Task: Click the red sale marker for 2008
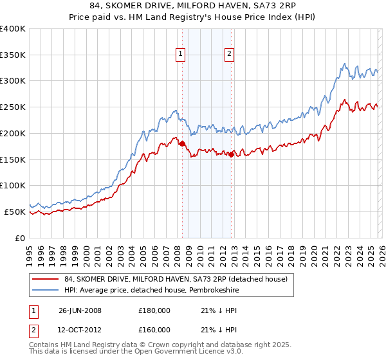182,143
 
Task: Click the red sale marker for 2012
231,154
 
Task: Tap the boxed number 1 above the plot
181,55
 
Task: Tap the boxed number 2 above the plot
229,55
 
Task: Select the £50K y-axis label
15,212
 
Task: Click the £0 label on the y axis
21,238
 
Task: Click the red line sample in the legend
46,279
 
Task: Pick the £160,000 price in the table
154,330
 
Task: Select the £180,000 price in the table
154,310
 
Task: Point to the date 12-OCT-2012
80,330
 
